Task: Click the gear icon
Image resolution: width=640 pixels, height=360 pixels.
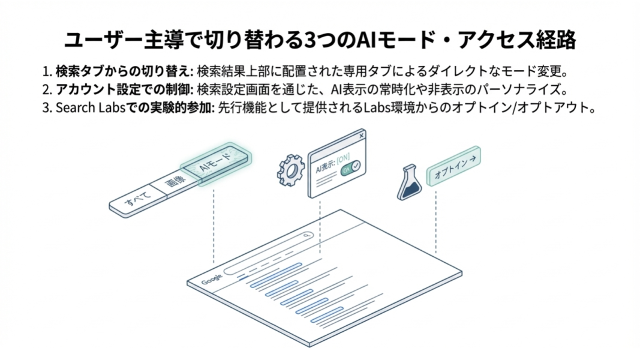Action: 291,170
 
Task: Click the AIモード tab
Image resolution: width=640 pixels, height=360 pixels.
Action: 217,165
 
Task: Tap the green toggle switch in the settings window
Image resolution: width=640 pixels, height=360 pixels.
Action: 350,169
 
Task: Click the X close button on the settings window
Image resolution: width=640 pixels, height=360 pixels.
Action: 360,136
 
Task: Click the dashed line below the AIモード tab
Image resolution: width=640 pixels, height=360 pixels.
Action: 214,228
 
